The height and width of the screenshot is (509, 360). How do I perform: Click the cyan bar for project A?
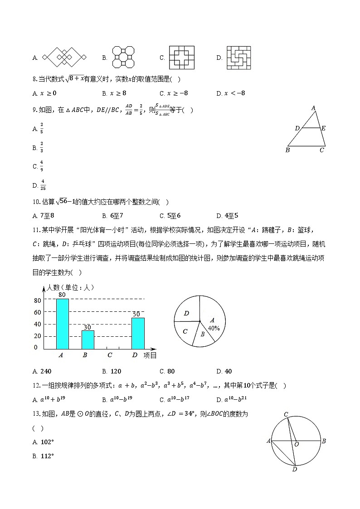point(63,324)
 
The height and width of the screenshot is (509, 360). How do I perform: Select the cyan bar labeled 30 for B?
point(88,339)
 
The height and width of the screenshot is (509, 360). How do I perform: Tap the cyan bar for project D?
point(138,333)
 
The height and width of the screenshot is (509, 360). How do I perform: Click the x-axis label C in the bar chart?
point(110,355)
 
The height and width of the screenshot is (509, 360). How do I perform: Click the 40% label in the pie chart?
point(214,328)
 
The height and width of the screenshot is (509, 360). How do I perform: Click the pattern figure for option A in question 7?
point(64,58)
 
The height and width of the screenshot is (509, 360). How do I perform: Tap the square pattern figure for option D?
point(239,58)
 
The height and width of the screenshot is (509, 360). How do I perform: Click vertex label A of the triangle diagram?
point(313,108)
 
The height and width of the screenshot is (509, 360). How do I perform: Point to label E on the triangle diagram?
point(323,128)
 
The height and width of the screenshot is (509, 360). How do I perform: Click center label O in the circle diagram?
point(296,445)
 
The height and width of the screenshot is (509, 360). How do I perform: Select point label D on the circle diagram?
point(294,469)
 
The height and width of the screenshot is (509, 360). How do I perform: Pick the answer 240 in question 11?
point(46,371)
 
